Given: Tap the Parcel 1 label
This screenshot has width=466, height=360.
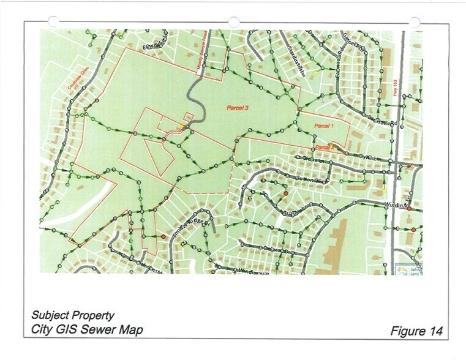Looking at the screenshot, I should [323, 126].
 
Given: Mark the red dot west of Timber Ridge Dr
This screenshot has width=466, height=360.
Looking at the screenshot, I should [163, 236].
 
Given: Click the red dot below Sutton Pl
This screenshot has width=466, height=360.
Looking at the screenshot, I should [286, 193].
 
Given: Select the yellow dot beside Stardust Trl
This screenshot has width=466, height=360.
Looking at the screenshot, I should [316, 72].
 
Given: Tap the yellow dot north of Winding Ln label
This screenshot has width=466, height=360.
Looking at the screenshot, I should [384, 192].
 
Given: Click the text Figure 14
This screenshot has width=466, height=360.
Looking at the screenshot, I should [416, 331].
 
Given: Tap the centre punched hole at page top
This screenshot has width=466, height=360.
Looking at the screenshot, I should [233, 21].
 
